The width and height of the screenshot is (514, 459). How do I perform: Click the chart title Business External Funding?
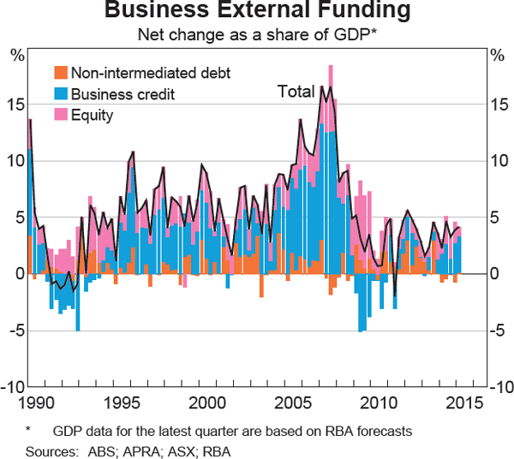coord(257,12)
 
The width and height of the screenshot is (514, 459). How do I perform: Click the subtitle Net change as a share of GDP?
coord(256,36)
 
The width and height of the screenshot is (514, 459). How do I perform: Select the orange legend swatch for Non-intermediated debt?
coord(61,73)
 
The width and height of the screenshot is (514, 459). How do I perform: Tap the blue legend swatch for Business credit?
coord(61,93)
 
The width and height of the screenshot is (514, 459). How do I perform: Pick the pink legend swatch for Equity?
coord(61,114)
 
